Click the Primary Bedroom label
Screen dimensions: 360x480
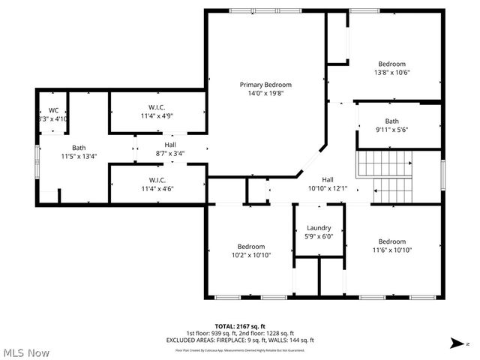tap(265, 85)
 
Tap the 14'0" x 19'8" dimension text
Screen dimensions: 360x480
tap(265, 94)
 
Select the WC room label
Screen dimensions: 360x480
tap(53, 110)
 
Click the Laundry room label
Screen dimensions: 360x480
tap(319, 228)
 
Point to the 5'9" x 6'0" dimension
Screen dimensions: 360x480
tap(319, 237)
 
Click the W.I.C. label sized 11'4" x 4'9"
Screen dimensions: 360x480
tap(157, 107)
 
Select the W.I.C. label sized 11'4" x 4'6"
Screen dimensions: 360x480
tap(157, 179)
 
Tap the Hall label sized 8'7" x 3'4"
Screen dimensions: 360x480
tap(170, 145)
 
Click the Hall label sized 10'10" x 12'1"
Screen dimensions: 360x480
tap(328, 180)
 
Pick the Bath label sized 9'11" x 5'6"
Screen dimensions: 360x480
tap(391, 121)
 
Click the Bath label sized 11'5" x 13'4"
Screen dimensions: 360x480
tap(79, 148)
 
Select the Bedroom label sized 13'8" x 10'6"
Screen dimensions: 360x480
tap(391, 64)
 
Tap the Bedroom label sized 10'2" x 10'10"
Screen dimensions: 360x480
tap(251, 246)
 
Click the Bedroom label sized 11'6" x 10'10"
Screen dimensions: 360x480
tap(391, 241)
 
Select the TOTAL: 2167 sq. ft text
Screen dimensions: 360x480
tap(240, 326)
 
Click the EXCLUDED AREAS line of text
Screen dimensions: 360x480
tap(240, 340)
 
